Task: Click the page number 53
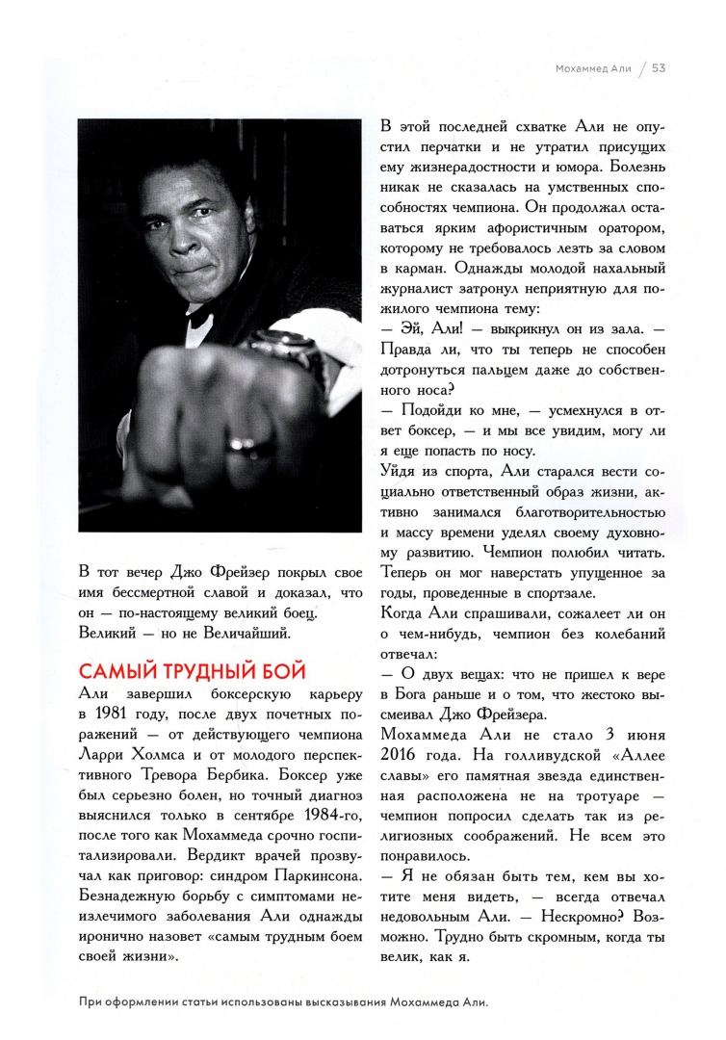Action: coord(660,68)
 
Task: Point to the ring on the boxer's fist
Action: coord(241,445)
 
